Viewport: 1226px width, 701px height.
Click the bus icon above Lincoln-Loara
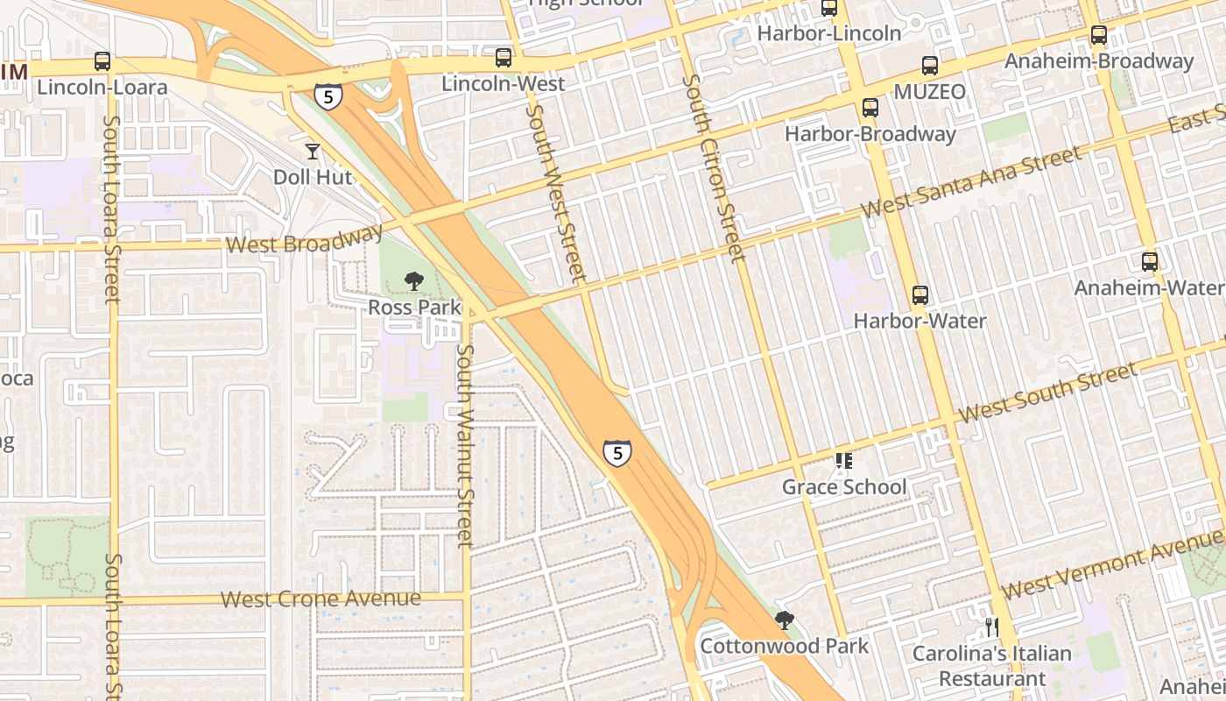102,61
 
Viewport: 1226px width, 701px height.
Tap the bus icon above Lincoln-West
503,58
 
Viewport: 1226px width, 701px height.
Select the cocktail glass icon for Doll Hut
313,151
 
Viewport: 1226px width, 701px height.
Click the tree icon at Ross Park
413,281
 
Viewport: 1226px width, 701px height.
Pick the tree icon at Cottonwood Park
784,620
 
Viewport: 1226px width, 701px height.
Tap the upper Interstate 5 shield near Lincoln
328,96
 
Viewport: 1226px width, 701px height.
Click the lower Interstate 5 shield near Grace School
617,453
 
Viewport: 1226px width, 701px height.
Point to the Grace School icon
843,460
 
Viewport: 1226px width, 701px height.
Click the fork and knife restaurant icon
991,627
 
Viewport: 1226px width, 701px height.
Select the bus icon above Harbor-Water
919,295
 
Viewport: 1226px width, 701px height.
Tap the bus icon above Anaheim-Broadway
1098,36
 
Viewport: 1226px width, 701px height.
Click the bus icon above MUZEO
929,66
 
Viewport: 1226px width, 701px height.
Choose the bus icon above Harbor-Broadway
870,108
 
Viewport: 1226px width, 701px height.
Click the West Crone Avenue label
320,599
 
